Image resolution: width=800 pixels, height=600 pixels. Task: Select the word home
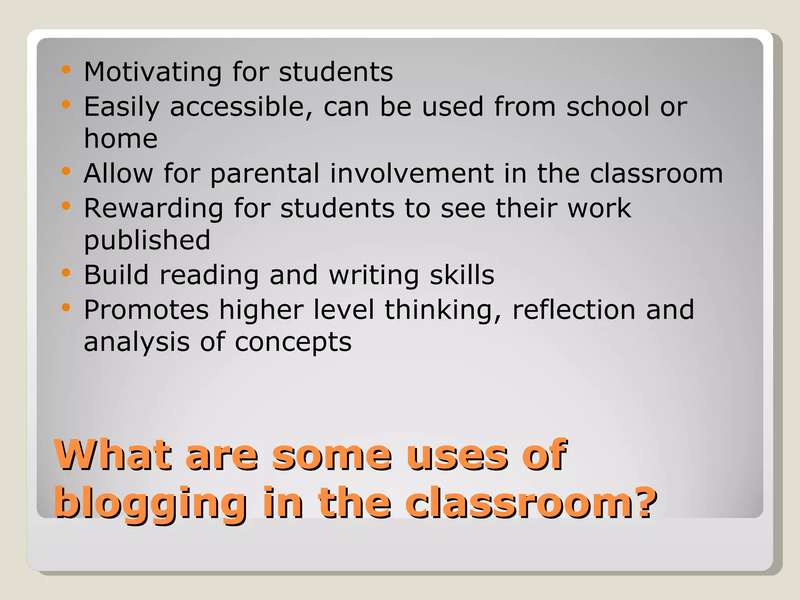coord(121,139)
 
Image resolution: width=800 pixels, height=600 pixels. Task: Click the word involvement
coord(412,173)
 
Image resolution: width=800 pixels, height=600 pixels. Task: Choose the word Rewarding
coord(154,208)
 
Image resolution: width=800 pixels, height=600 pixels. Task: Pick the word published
coord(147,240)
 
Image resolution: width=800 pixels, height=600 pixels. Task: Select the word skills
coord(462,275)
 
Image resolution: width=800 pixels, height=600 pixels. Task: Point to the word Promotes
coord(146,310)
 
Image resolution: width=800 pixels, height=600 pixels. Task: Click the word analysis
coord(137,342)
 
